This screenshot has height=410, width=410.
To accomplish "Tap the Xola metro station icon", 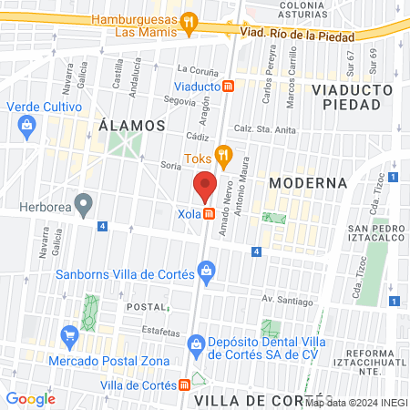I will pos(210,214).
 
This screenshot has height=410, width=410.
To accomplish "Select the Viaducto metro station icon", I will pos(228,87).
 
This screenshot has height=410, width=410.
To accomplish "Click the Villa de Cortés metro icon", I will pos(185,385).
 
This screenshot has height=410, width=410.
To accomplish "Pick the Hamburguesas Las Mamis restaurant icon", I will pos(189,20).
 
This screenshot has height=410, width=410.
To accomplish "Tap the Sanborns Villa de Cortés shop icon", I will pos(208,270).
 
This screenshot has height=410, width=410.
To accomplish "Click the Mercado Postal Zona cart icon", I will pos(69,336).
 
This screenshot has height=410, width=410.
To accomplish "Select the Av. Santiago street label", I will pos(286,299).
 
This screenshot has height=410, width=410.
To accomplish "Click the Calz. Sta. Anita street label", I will pos(268,129).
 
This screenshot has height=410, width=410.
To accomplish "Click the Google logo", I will pos(30,398).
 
